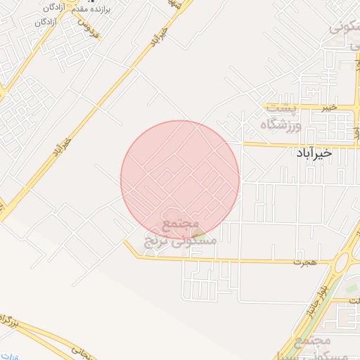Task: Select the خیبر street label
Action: [329, 108]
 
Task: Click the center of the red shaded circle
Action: [180, 180]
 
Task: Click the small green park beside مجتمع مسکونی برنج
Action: [199, 233]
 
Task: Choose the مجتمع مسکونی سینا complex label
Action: [313, 349]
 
